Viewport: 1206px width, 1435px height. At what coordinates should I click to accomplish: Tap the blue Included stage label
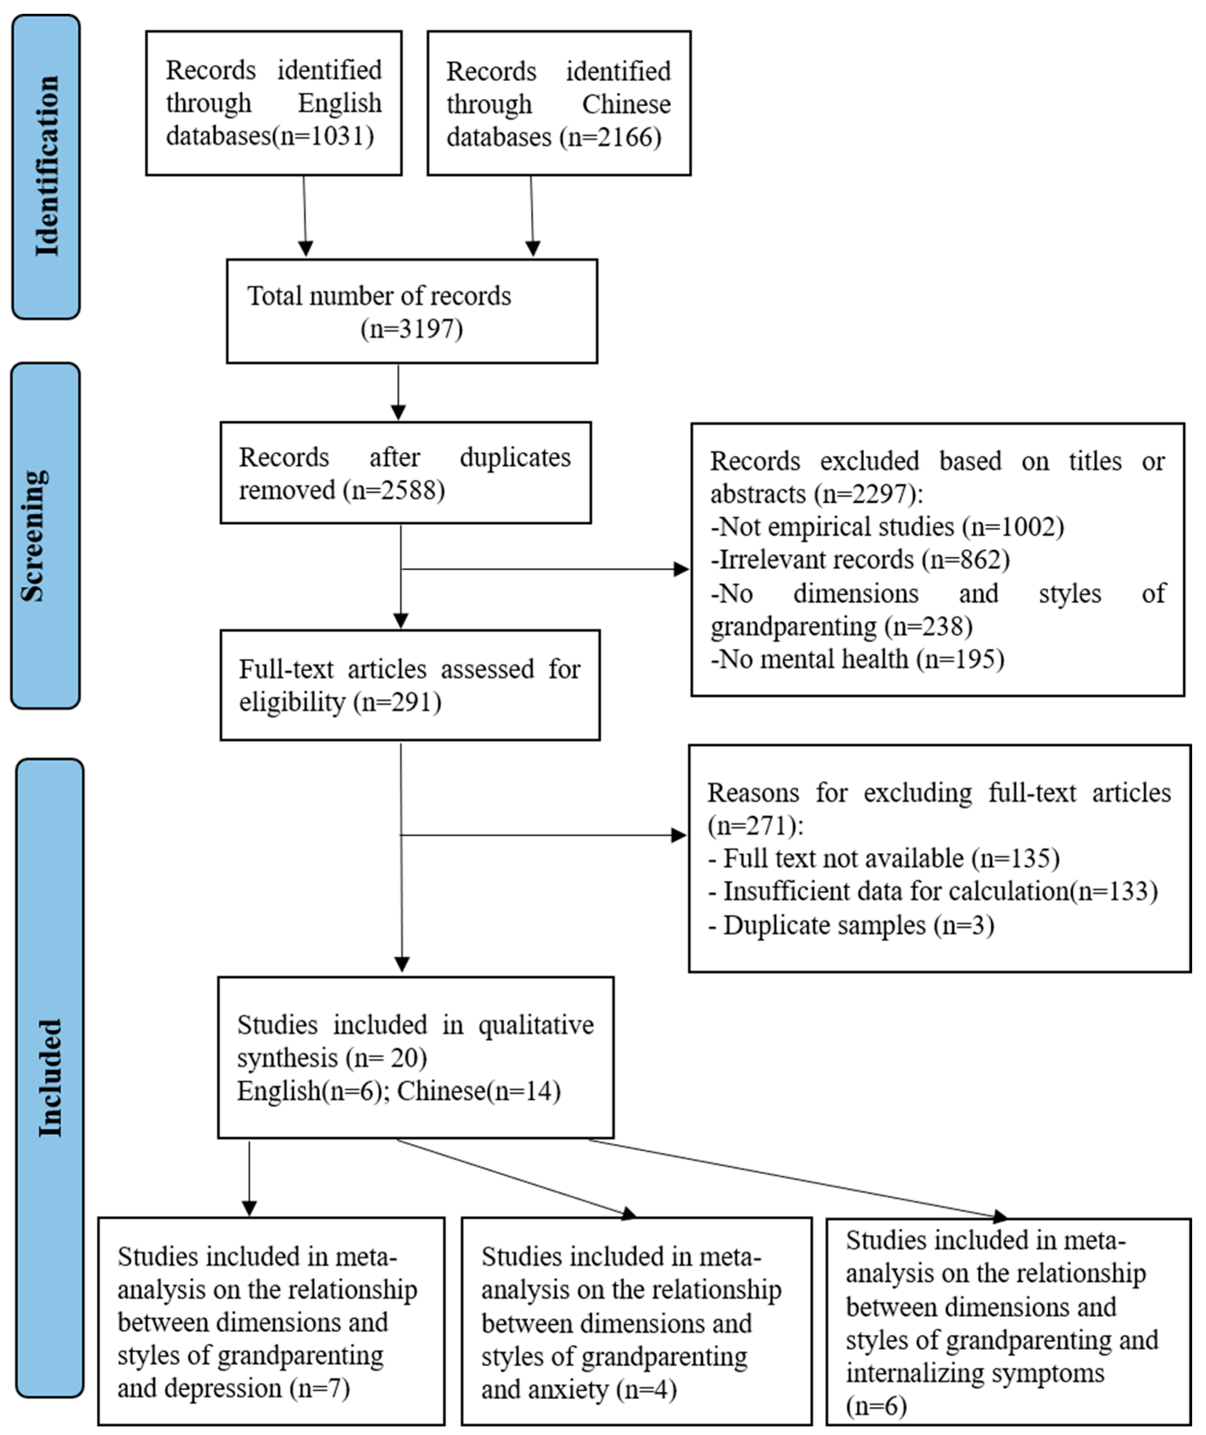click(49, 1078)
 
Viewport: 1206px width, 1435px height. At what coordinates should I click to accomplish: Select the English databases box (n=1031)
click(274, 103)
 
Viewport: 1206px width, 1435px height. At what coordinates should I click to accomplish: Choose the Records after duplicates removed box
click(406, 473)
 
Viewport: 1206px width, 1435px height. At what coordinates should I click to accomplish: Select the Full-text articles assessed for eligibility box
click(410, 685)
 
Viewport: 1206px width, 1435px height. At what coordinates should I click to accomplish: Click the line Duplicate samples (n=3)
click(851, 925)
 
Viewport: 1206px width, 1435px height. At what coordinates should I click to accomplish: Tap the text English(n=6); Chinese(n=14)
click(398, 1091)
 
